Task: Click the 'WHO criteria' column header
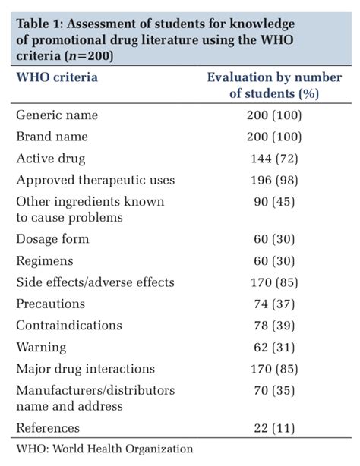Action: point(57,77)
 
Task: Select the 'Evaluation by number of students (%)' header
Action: point(274,85)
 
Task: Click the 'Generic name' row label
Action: point(57,115)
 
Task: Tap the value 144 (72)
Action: point(275,159)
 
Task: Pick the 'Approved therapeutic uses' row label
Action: point(96,180)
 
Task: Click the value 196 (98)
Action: point(275,180)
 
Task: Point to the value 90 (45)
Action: point(275,202)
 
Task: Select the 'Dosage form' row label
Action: point(52,239)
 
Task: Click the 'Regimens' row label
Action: point(45,260)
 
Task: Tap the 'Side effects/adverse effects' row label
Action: point(95,282)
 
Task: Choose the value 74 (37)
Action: point(275,304)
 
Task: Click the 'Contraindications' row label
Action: point(68,325)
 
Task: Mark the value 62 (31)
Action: point(275,347)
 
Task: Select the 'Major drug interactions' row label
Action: point(85,369)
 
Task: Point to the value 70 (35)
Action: point(275,390)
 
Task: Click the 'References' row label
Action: point(48,428)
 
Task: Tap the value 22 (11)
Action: point(275,428)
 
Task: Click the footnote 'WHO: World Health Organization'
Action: point(104,449)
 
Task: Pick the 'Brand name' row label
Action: point(52,137)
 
